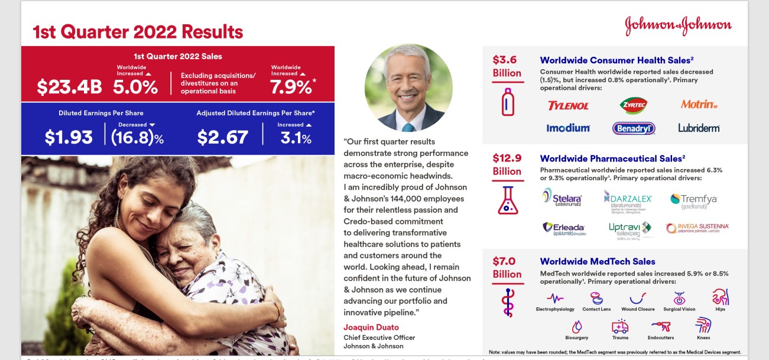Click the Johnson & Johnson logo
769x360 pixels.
coord(678,25)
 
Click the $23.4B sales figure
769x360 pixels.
coord(69,87)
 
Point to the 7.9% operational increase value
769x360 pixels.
coord(291,87)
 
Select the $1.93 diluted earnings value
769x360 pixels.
coord(69,137)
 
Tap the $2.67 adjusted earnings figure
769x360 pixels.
coord(222,137)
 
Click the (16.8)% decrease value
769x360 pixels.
coord(137,137)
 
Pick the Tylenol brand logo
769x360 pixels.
coord(568,106)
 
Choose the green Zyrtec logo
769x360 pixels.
coord(633,105)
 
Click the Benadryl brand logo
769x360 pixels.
coord(634,128)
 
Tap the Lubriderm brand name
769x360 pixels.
coord(699,128)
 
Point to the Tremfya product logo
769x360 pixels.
coord(693,200)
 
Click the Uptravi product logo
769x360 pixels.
coord(630,229)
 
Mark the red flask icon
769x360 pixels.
coord(507,200)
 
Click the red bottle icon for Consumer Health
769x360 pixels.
coord(507,101)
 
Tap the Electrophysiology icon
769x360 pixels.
coord(555,298)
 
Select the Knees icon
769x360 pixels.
coord(703,325)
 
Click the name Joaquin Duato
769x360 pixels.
coord(371,327)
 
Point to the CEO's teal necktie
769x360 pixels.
coord(408,127)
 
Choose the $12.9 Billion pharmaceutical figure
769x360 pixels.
coord(507,164)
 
